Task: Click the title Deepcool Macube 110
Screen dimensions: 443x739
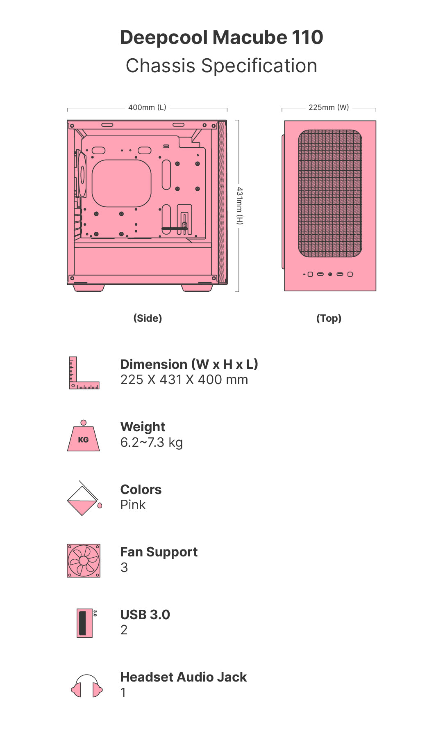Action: [x=221, y=37]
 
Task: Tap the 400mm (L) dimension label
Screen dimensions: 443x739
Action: [x=147, y=108]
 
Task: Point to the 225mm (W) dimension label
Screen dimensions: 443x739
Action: [x=329, y=108]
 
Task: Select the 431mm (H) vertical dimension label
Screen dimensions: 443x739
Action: [x=240, y=206]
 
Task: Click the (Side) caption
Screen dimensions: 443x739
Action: [x=148, y=318]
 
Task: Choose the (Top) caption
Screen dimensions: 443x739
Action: [x=329, y=318]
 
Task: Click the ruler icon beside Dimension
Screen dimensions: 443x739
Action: [x=84, y=373]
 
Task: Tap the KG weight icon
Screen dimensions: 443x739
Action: [x=83, y=436]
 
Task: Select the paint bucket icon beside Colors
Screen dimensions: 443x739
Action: [x=84, y=498]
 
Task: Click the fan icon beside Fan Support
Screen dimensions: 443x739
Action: [x=84, y=561]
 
